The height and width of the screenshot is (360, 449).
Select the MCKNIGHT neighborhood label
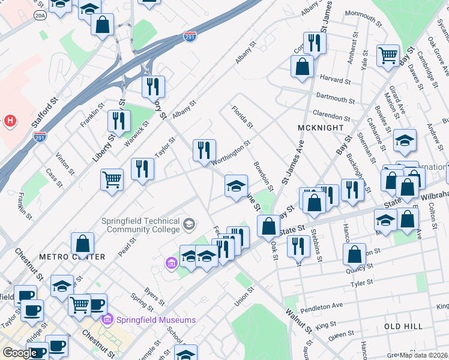pyautogui.click(x=321, y=128)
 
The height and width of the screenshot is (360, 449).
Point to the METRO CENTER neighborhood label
pyautogui.click(x=72, y=257)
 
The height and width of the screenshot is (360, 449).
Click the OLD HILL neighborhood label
pyautogui.click(x=403, y=326)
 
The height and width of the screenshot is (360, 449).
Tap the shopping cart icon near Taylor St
pyautogui.click(x=112, y=178)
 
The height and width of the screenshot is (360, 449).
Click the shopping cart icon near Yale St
pyautogui.click(x=388, y=55)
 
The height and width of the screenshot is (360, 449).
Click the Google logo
pyautogui.click(x=20, y=353)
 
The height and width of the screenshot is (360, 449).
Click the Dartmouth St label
pyautogui.click(x=334, y=98)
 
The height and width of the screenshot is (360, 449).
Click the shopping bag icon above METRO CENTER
pyautogui.click(x=82, y=243)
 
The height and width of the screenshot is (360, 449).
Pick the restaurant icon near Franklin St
pyautogui.click(x=119, y=121)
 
